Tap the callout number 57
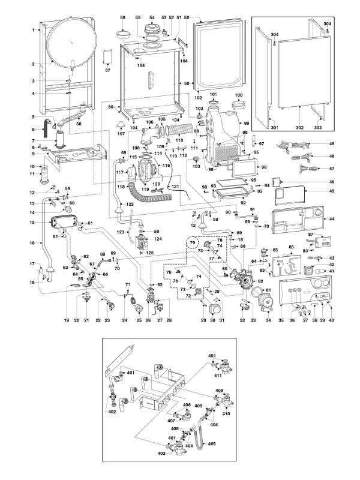click(x=108, y=71)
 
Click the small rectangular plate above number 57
click(x=108, y=56)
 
